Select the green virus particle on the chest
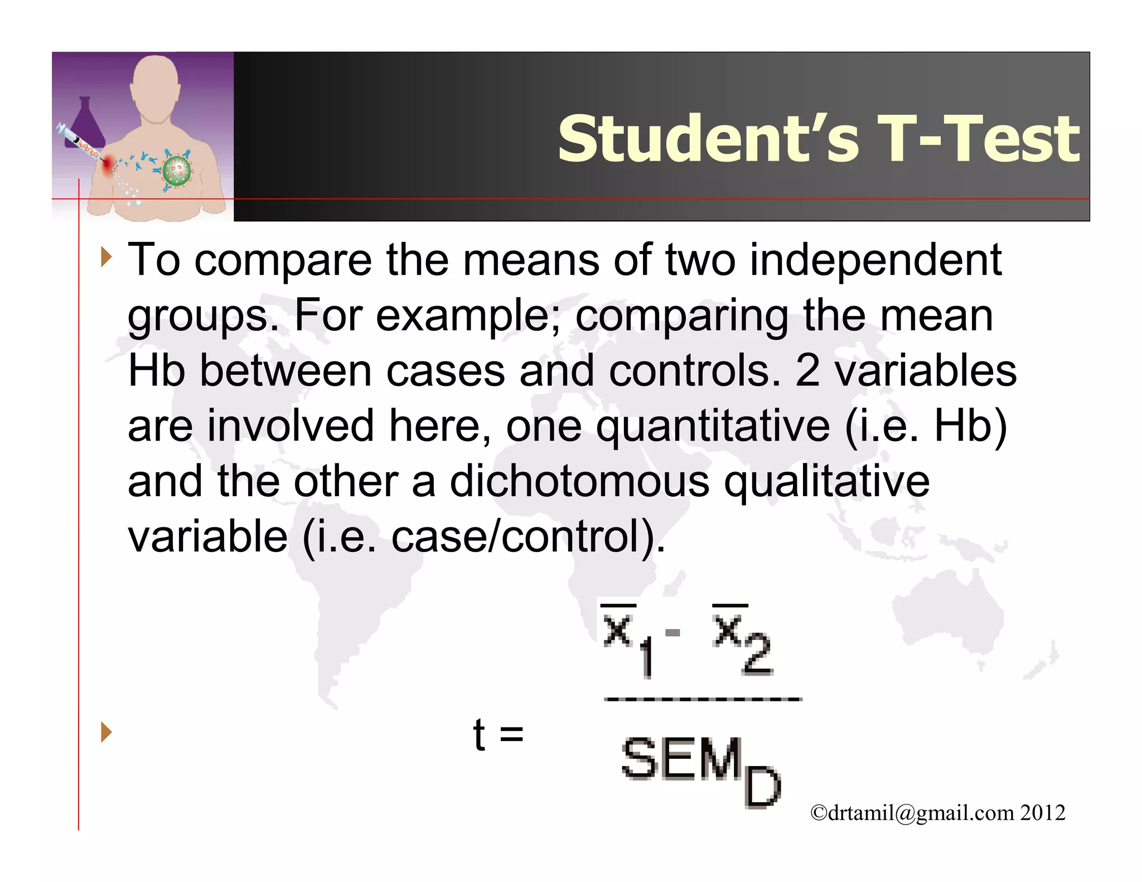[x=177, y=171]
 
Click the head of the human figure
[x=155, y=84]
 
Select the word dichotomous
[x=579, y=482]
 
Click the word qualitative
[x=826, y=482]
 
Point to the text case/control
[x=514, y=537]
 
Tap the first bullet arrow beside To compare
[x=106, y=258]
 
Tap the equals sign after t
[x=511, y=734]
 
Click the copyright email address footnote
[x=937, y=813]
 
